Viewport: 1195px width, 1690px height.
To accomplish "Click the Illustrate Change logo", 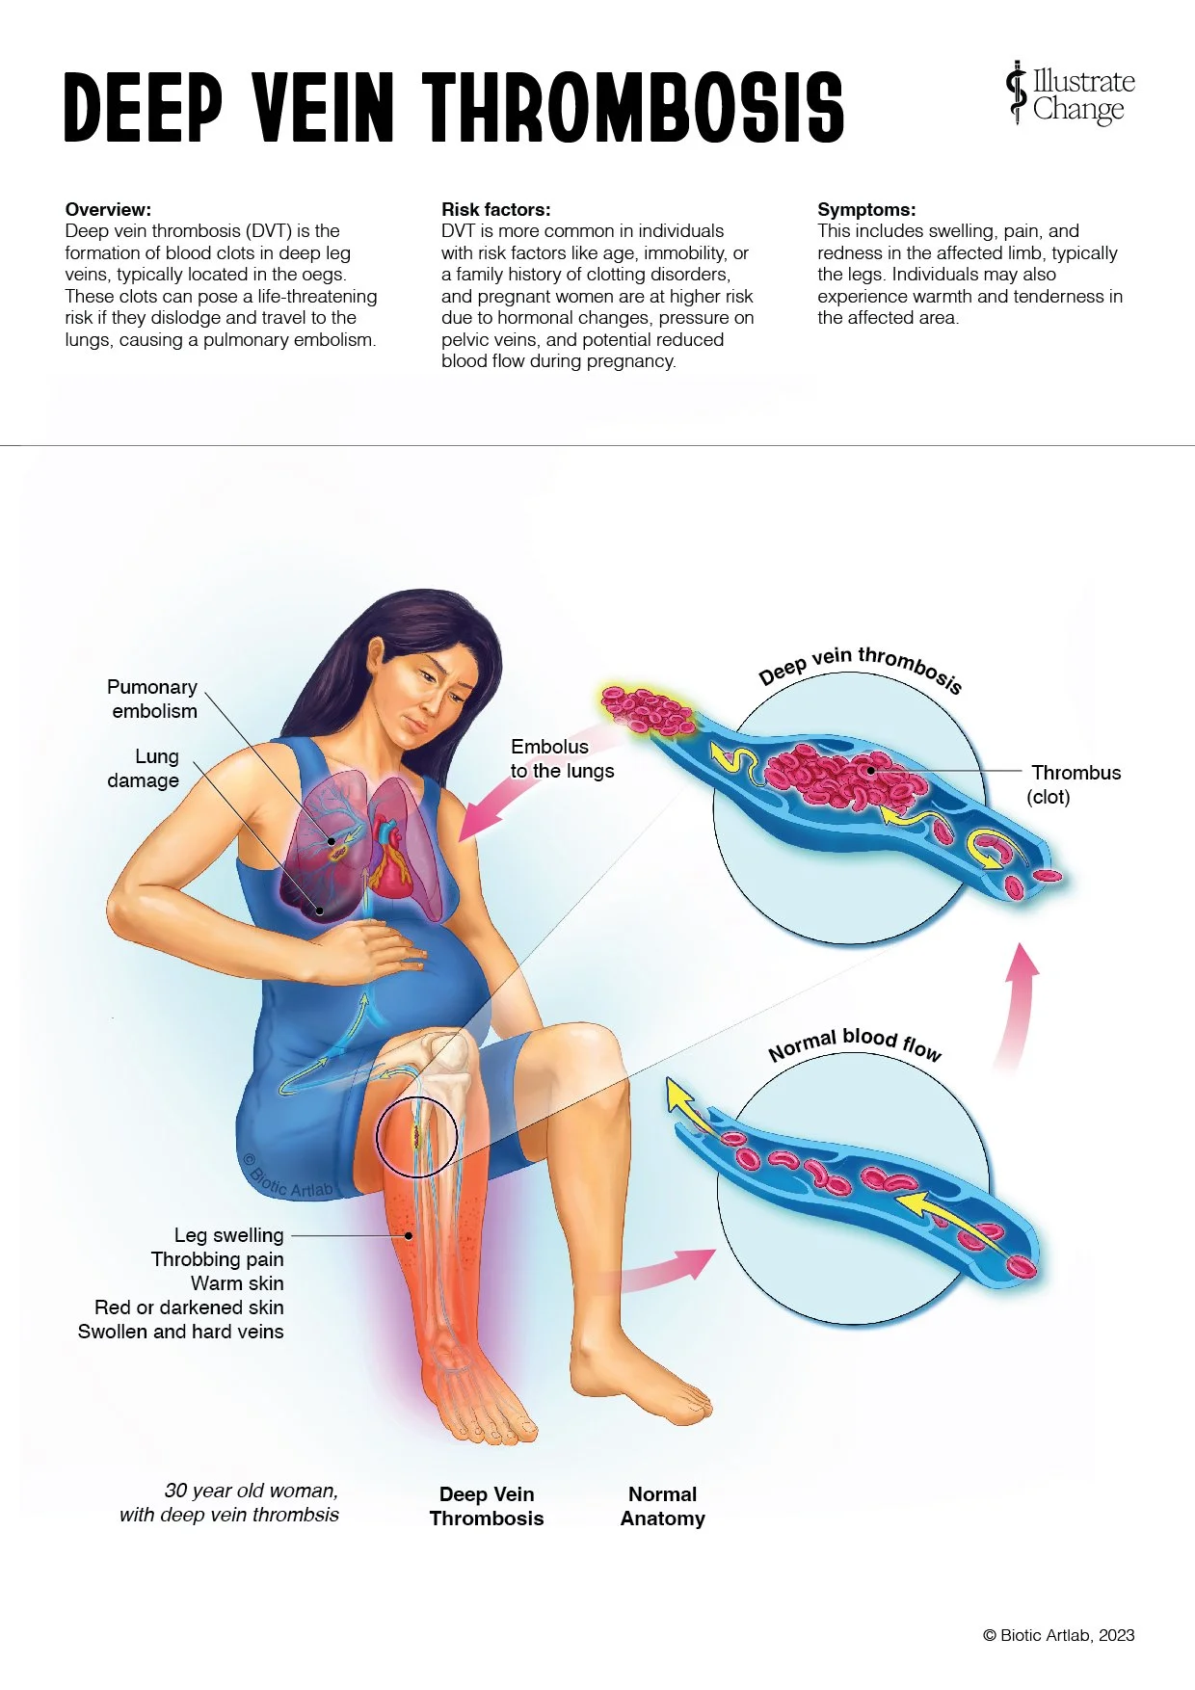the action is pos(1070,94).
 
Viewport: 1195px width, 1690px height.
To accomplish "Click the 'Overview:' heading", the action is pos(108,209).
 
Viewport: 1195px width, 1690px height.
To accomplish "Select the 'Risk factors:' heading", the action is pos(495,209).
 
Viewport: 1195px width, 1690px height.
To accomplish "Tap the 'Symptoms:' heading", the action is pos(866,209).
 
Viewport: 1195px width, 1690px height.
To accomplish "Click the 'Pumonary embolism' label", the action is pos(152,699).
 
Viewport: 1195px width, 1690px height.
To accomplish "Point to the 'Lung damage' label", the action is pos(144,768).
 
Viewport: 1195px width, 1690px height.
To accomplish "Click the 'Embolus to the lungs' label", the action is pos(562,758).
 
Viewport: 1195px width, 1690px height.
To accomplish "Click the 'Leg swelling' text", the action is pos(229,1235).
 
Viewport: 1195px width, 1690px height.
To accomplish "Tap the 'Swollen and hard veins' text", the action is pos(181,1332).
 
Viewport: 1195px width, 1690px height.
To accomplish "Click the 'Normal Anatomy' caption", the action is pos(663,1506).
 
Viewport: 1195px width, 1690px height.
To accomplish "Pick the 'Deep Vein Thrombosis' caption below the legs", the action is pos(487,1506).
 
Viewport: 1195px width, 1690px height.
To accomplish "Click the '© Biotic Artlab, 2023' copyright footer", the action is pos(1058,1635).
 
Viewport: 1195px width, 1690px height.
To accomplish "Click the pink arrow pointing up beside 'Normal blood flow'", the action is pos(1018,1002).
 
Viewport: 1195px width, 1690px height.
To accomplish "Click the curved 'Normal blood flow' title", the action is pos(855,1043).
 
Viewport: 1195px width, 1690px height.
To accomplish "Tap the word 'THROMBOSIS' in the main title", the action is pos(632,107).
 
